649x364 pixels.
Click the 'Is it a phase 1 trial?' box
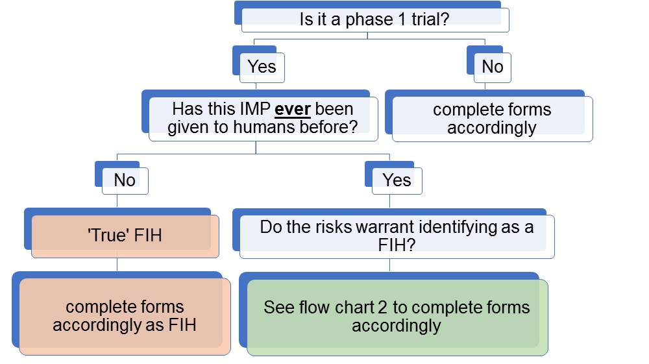(374, 19)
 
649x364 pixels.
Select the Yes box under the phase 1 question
(262, 67)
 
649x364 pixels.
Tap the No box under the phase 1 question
(492, 67)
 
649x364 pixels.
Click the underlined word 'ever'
(297, 108)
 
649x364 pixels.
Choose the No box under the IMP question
(125, 180)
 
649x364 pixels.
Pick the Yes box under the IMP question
(397, 180)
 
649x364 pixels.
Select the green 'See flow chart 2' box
(397, 316)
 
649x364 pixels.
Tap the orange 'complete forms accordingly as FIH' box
(125, 316)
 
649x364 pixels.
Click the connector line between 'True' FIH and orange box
(117, 264)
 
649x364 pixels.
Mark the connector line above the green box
(389, 265)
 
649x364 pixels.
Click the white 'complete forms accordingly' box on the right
(492, 119)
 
